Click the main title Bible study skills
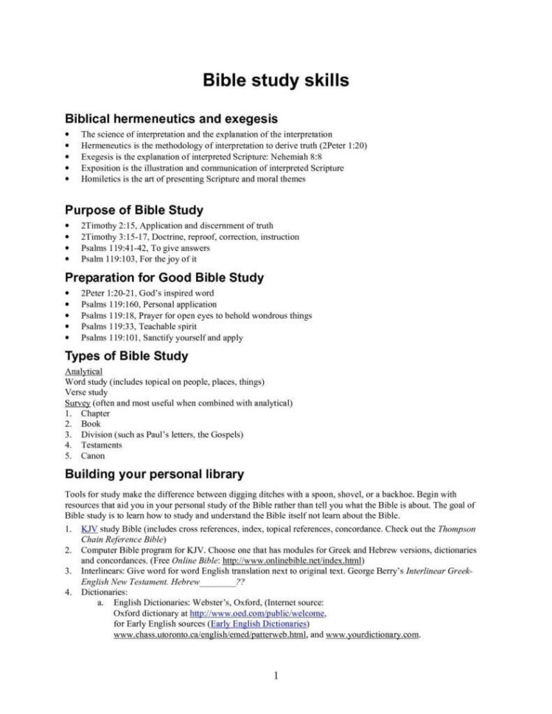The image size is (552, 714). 276,79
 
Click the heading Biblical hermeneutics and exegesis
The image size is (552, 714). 171,118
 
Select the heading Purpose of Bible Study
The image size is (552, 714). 134,211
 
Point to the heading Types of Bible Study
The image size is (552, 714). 126,356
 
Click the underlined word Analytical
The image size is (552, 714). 84,372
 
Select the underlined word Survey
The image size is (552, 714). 77,403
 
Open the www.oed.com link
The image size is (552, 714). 258,613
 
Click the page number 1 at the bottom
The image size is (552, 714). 276,676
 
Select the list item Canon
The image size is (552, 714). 93,456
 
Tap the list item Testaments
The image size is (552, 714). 102,445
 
